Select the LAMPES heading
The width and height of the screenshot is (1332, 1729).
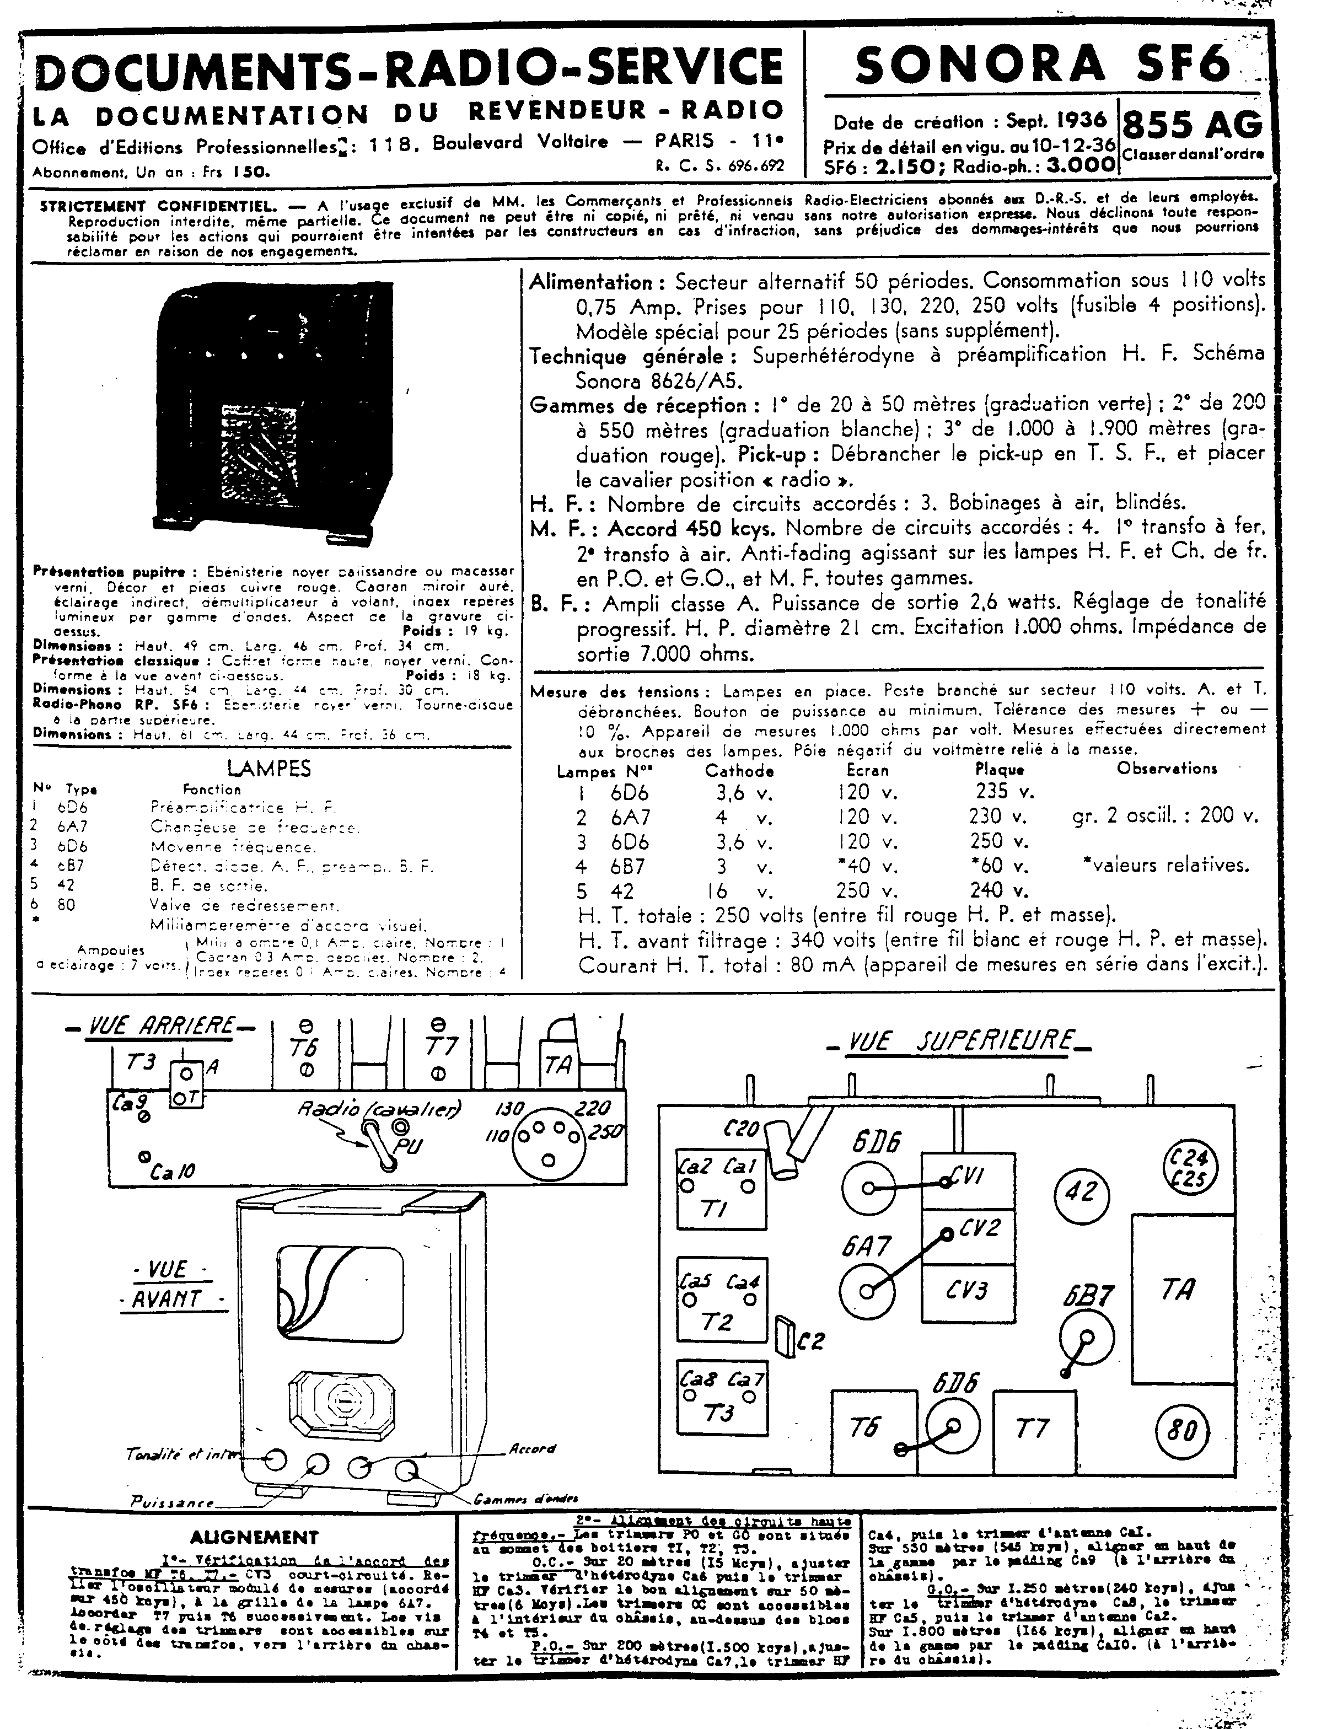tap(268, 768)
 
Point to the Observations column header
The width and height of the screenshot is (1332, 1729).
tap(1167, 768)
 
